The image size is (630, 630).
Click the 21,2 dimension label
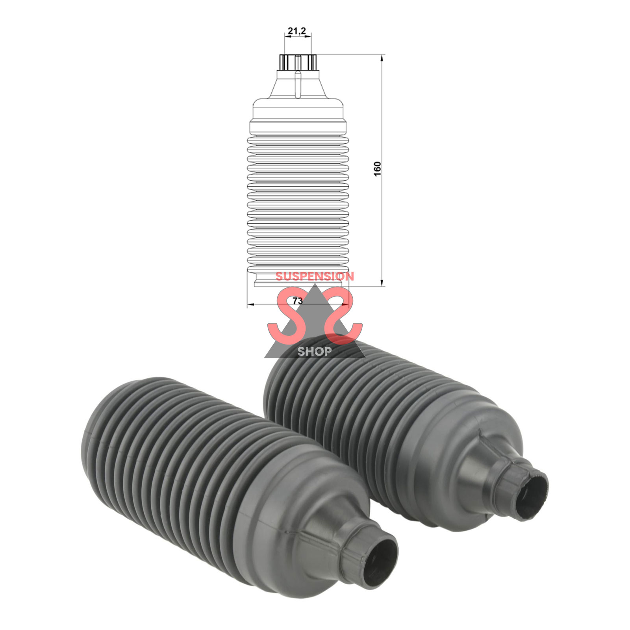click(x=297, y=31)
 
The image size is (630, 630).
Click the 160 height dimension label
click(x=378, y=169)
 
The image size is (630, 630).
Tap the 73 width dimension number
click(x=297, y=301)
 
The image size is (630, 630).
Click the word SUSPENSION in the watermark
click(x=315, y=276)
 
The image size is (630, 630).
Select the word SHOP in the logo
click(x=314, y=351)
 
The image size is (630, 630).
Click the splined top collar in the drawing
click(x=298, y=62)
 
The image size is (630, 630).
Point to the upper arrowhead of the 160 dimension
click(x=382, y=58)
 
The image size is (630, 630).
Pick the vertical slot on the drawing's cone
click(x=298, y=83)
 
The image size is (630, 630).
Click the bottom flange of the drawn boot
click(x=298, y=283)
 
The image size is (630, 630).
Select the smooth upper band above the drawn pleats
click(x=298, y=118)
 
